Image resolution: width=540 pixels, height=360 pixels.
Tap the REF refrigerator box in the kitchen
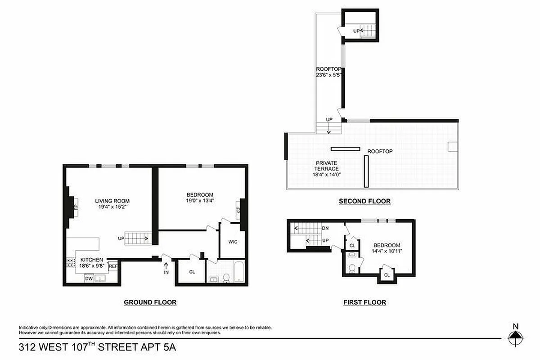(x=113, y=266)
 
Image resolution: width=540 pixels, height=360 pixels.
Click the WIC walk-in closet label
(x=233, y=242)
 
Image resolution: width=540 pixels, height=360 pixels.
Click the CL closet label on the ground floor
(x=192, y=272)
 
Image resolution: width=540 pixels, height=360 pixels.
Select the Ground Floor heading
(x=150, y=302)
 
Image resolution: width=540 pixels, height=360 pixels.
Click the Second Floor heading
(x=364, y=202)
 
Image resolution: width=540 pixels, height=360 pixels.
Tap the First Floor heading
(x=364, y=302)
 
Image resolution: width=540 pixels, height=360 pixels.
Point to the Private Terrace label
(x=327, y=166)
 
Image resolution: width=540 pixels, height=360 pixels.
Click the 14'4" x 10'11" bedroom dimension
(x=387, y=252)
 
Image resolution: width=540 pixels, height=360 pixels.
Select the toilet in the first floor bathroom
(x=352, y=269)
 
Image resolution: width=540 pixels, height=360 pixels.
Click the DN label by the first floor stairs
(x=325, y=228)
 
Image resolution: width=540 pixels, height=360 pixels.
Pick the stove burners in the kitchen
(x=71, y=263)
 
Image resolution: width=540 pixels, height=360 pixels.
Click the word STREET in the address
(x=120, y=347)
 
